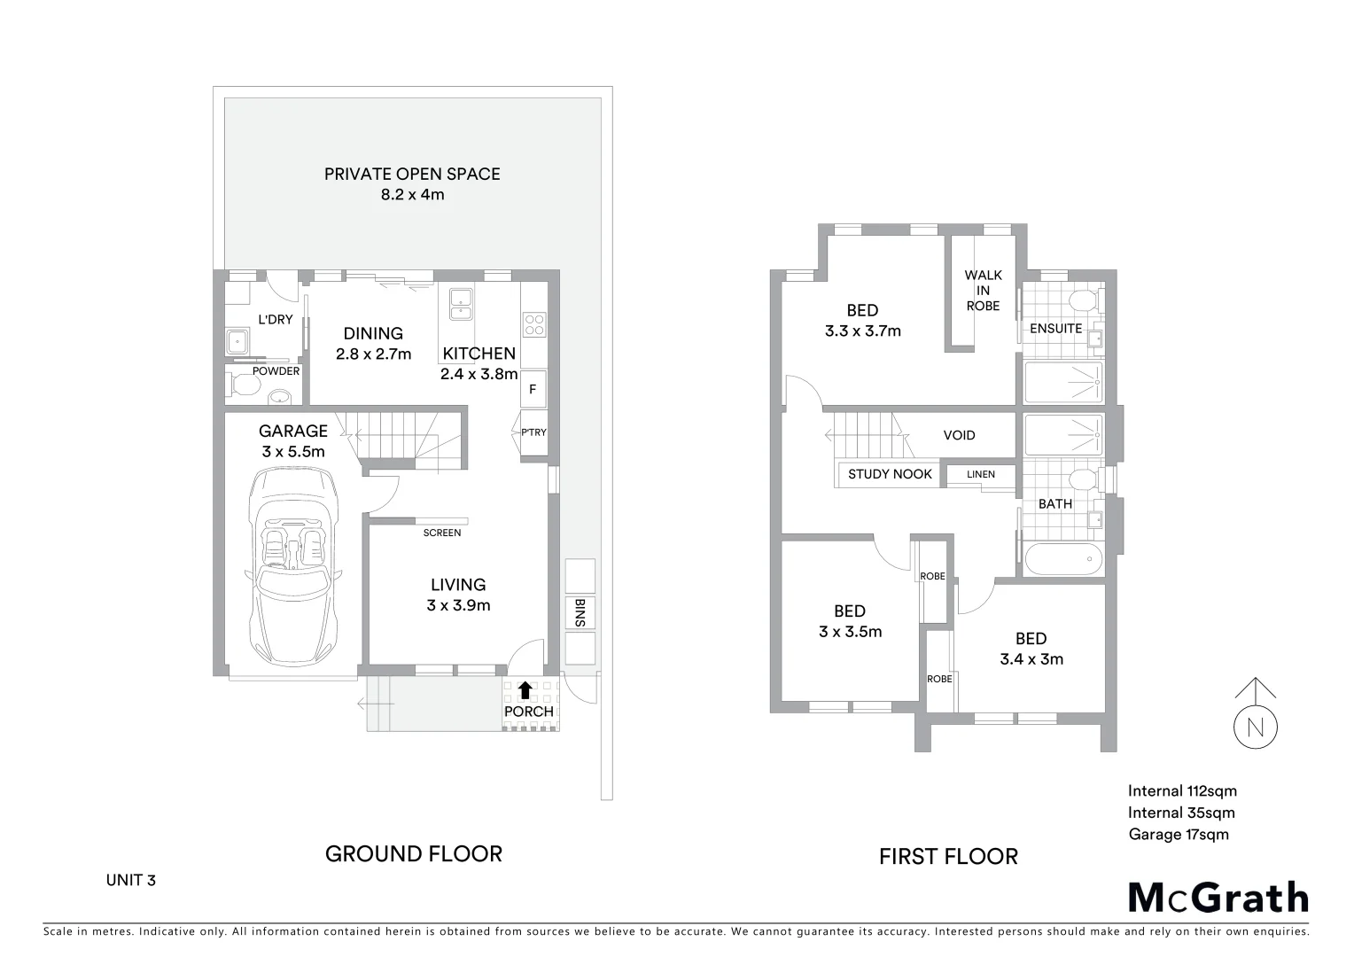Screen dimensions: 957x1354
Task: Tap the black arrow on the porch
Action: pos(525,690)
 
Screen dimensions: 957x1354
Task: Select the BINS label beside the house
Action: pos(580,613)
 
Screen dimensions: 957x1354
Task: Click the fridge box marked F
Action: pos(533,389)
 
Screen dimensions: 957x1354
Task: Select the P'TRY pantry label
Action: pos(533,432)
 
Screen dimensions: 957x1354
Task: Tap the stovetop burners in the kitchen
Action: pos(533,324)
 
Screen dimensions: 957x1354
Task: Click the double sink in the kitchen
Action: pos(461,303)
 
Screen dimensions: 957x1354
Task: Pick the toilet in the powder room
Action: pos(243,386)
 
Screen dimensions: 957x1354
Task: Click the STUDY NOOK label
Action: pos(890,474)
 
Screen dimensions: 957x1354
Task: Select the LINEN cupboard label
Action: pos(981,474)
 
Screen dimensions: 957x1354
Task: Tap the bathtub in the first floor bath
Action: pos(1063,559)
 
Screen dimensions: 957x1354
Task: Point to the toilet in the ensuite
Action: pos(1080,300)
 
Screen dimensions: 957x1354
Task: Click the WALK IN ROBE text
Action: pos(983,291)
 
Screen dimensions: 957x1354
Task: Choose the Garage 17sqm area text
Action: pos(1179,834)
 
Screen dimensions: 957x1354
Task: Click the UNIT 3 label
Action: pos(131,880)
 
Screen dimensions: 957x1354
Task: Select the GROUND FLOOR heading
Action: pos(414,854)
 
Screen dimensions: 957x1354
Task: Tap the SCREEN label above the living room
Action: pos(441,533)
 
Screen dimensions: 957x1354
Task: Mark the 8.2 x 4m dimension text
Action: pos(412,194)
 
